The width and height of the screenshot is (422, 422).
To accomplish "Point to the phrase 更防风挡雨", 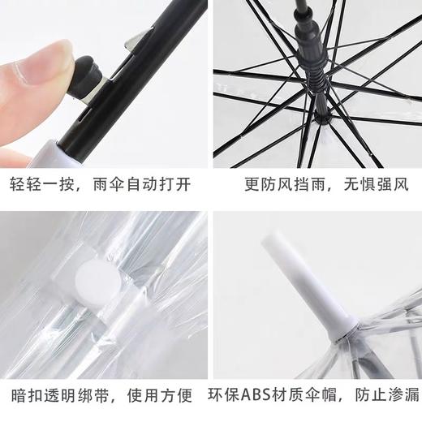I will click(285, 186).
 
